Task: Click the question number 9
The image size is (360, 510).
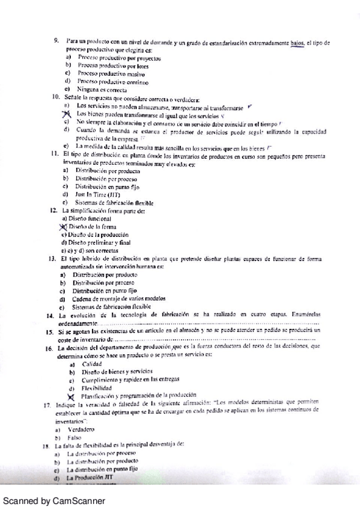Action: (55, 41)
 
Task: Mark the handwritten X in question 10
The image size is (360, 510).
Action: (67, 114)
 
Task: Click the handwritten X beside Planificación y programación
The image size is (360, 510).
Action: (71, 396)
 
